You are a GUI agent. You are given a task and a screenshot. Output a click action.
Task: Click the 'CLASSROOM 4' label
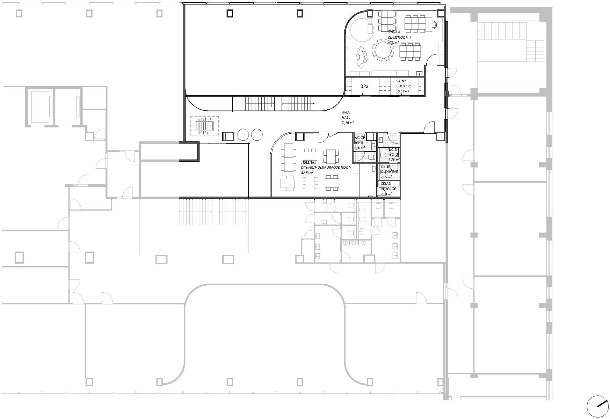click(399, 37)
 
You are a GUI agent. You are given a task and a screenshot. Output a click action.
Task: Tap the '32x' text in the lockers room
click(364, 86)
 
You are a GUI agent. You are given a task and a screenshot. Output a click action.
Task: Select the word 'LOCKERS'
click(404, 86)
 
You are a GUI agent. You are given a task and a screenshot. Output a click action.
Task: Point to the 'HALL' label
click(346, 118)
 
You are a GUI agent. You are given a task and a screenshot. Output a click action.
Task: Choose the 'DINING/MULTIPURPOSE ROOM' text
click(326, 168)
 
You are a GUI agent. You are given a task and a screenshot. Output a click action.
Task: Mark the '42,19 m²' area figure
click(307, 173)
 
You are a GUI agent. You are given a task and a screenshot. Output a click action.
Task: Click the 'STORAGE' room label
click(388, 189)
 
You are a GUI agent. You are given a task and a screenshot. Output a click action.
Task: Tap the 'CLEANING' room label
click(389, 172)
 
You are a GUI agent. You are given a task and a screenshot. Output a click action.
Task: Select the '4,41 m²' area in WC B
click(360, 148)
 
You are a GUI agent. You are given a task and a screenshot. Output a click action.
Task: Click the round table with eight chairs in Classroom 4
click(382, 50)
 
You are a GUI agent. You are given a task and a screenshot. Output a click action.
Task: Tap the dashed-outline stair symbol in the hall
click(204, 126)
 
